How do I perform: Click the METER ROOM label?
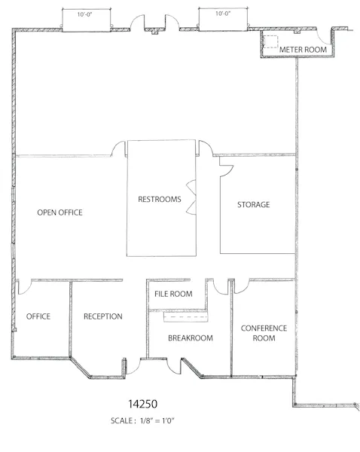point(303,50)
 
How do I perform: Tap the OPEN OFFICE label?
point(60,212)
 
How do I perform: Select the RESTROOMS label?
point(160,199)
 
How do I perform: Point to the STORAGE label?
point(254,205)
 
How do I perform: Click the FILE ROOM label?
point(173,294)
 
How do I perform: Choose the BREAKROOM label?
point(191,337)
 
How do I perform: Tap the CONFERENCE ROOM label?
point(264,333)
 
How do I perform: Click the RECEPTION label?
point(103,316)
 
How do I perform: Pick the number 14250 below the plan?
point(142,404)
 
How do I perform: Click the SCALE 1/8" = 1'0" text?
point(142,421)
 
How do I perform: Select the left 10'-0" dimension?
point(84,14)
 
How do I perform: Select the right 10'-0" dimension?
point(223,14)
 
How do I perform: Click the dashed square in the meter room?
point(270,41)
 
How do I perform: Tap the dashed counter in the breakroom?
point(186,317)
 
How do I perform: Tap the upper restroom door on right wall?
point(191,185)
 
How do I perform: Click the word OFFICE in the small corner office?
point(38,316)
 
